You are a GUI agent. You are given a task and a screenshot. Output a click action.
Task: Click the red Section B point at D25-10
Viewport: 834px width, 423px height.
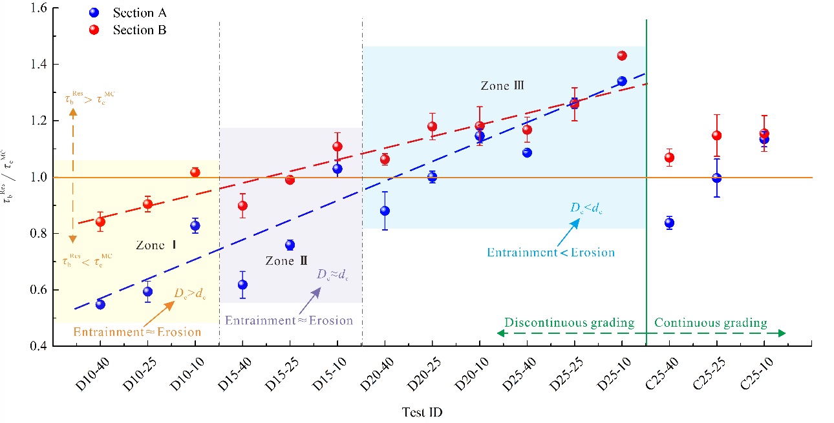pyautogui.click(x=622, y=56)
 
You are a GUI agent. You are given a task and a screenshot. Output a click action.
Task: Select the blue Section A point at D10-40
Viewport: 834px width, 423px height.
pyautogui.click(x=100, y=304)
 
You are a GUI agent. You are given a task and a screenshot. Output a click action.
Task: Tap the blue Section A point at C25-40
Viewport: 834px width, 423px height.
pyautogui.click(x=669, y=223)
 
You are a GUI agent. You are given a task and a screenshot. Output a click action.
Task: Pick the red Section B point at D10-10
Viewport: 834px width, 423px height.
pyautogui.click(x=195, y=172)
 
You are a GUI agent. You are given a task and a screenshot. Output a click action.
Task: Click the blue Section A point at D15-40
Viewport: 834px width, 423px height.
pyautogui.click(x=242, y=285)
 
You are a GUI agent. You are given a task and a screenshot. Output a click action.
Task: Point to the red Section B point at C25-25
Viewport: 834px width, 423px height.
pyautogui.click(x=717, y=136)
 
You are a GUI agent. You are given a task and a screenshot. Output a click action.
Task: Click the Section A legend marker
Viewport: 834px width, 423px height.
pyautogui.click(x=94, y=13)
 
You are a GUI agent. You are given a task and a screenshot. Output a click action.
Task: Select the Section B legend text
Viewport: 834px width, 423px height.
pyautogui.click(x=140, y=30)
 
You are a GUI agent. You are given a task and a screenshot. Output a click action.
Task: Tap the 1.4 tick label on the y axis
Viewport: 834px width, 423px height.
pyautogui.click(x=39, y=65)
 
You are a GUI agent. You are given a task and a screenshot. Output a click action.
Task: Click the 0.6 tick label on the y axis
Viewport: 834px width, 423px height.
pyautogui.click(x=39, y=290)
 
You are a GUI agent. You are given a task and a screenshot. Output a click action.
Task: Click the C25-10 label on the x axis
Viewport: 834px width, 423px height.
pyautogui.click(x=756, y=374)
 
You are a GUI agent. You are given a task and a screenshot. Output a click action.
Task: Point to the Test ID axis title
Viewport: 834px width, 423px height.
pyautogui.click(x=422, y=412)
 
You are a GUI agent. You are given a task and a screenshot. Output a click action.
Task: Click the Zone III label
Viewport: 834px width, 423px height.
pyautogui.click(x=502, y=85)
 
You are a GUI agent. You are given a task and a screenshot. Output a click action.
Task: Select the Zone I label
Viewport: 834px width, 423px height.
pyautogui.click(x=156, y=245)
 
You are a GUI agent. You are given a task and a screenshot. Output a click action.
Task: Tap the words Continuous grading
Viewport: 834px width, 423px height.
pyautogui.click(x=711, y=322)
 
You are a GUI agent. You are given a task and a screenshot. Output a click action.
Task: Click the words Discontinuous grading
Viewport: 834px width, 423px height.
pyautogui.click(x=570, y=322)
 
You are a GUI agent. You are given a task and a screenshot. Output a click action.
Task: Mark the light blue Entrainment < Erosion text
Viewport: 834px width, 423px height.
pyautogui.click(x=551, y=253)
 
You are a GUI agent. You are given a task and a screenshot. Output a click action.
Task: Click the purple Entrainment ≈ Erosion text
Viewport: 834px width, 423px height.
pyautogui.click(x=289, y=320)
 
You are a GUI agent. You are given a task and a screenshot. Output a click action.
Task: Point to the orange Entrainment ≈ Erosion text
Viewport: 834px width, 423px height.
pyautogui.click(x=137, y=332)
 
